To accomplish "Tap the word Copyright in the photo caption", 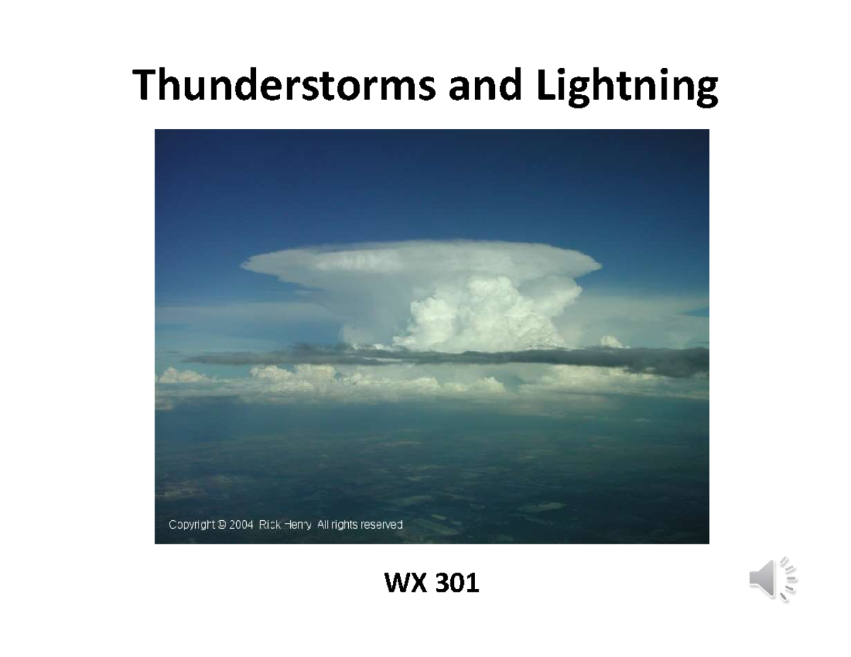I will pos(191,525).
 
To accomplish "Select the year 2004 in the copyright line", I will pos(241,525).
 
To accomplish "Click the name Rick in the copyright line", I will pos(271,525).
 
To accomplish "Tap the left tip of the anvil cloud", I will pos(245,266).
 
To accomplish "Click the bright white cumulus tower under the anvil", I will pos(482,312).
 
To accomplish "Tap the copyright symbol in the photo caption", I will pos(222,525).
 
